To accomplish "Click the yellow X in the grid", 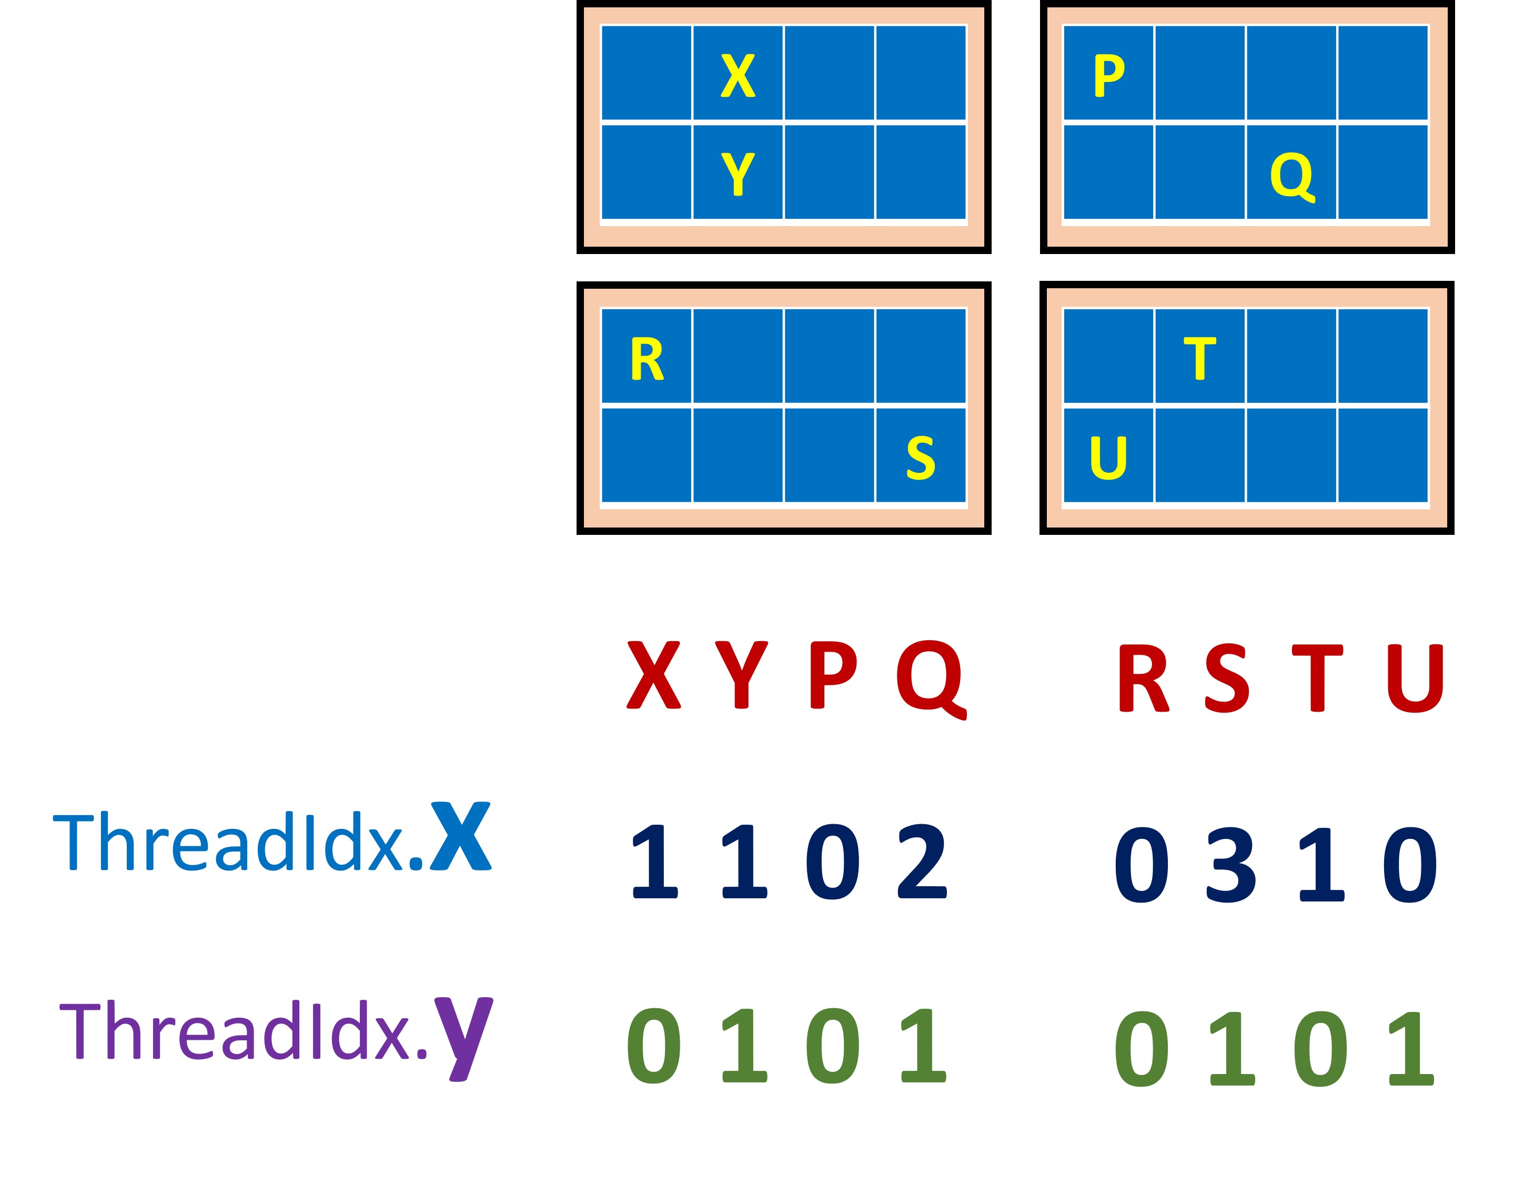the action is pos(738,76).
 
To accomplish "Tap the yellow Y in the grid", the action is pos(738,174).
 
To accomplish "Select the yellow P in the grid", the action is pos(1108,76).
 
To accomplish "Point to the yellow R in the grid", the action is pos(647,359).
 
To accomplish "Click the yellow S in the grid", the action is pos(921,458).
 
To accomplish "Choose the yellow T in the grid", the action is pos(1200,359).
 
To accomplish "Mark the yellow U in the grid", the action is pos(1108,458).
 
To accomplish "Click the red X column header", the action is pos(653,674).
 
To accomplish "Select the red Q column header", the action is pos(931,678).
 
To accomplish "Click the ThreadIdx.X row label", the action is pos(272,838).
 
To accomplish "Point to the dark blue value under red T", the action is pos(1321,865).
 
